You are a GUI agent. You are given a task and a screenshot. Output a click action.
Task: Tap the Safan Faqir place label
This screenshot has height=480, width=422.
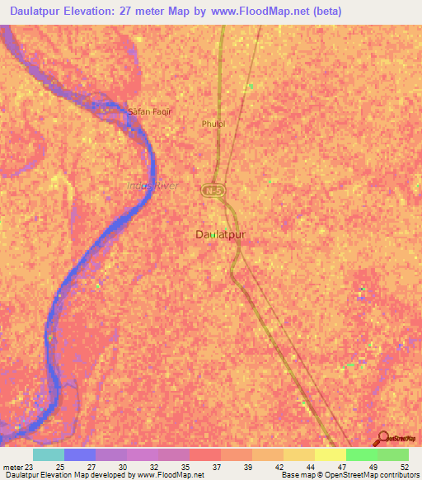coord(149,111)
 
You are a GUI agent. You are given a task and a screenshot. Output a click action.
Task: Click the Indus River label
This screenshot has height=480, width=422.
coord(152,186)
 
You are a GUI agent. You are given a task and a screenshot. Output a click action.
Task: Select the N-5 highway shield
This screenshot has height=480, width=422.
coord(213,190)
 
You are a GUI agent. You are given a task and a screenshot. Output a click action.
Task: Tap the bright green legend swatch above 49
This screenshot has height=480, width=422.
coord(362,454)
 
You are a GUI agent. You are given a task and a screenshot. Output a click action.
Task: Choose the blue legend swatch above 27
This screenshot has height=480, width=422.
coord(80,454)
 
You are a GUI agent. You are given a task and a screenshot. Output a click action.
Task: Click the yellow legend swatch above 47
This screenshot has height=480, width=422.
coord(331,454)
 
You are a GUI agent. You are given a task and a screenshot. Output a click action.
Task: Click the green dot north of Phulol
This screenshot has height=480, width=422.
coord(250,86)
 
